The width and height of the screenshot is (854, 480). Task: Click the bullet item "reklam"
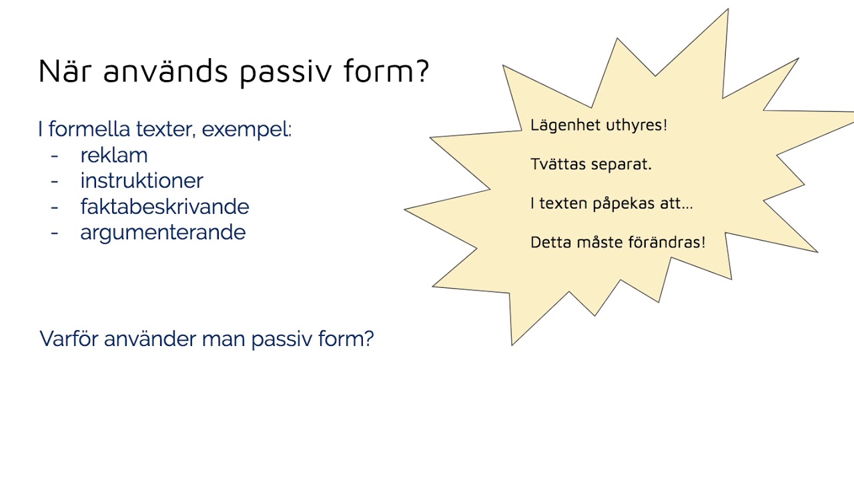(113, 155)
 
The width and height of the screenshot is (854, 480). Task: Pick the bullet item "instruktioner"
(141, 181)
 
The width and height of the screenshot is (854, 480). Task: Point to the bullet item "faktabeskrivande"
(164, 207)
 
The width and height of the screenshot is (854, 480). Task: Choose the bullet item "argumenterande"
(163, 233)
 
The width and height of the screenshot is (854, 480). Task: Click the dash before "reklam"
(55, 155)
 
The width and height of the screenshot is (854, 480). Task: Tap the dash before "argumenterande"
(55, 233)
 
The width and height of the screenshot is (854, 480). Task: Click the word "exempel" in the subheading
(246, 129)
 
